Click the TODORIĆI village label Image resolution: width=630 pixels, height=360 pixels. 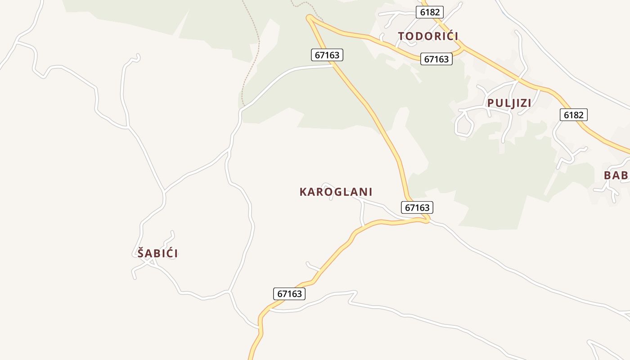point(428,36)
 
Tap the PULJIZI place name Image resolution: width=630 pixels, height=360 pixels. point(509,103)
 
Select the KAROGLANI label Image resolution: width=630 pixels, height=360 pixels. point(336,192)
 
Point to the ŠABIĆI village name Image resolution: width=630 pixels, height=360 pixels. point(157,253)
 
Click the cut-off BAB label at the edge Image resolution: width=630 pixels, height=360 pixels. point(616,175)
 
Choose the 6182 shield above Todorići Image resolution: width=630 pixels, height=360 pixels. point(430,12)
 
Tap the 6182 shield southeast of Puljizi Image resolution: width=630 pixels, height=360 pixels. point(573,115)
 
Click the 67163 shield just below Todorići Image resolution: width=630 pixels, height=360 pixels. point(436,59)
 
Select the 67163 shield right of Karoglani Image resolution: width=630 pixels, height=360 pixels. point(417,207)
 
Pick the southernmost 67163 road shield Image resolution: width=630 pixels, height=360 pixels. point(289,294)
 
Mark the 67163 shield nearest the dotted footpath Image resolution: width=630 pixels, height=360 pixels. point(327,55)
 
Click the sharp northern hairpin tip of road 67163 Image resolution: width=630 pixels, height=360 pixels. point(309,18)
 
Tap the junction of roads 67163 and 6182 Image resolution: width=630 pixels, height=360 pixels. point(463,47)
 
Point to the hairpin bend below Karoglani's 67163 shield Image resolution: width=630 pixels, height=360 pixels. point(427,220)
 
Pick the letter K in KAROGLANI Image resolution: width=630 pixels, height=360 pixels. point(303,192)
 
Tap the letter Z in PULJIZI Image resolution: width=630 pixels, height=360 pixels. point(521,103)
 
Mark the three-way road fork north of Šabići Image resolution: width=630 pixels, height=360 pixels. point(165,191)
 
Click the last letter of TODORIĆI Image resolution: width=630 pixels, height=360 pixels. point(455,36)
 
